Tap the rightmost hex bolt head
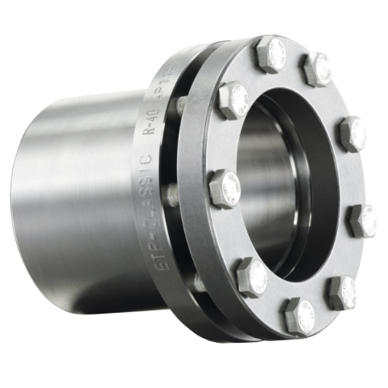(365, 220)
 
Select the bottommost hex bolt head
(302, 316)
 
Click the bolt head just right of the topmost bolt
(318, 67)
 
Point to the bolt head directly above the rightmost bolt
(354, 132)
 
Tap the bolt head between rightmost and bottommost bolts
(345, 290)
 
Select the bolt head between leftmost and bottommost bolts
(251, 276)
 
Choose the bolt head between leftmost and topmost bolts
(234, 100)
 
